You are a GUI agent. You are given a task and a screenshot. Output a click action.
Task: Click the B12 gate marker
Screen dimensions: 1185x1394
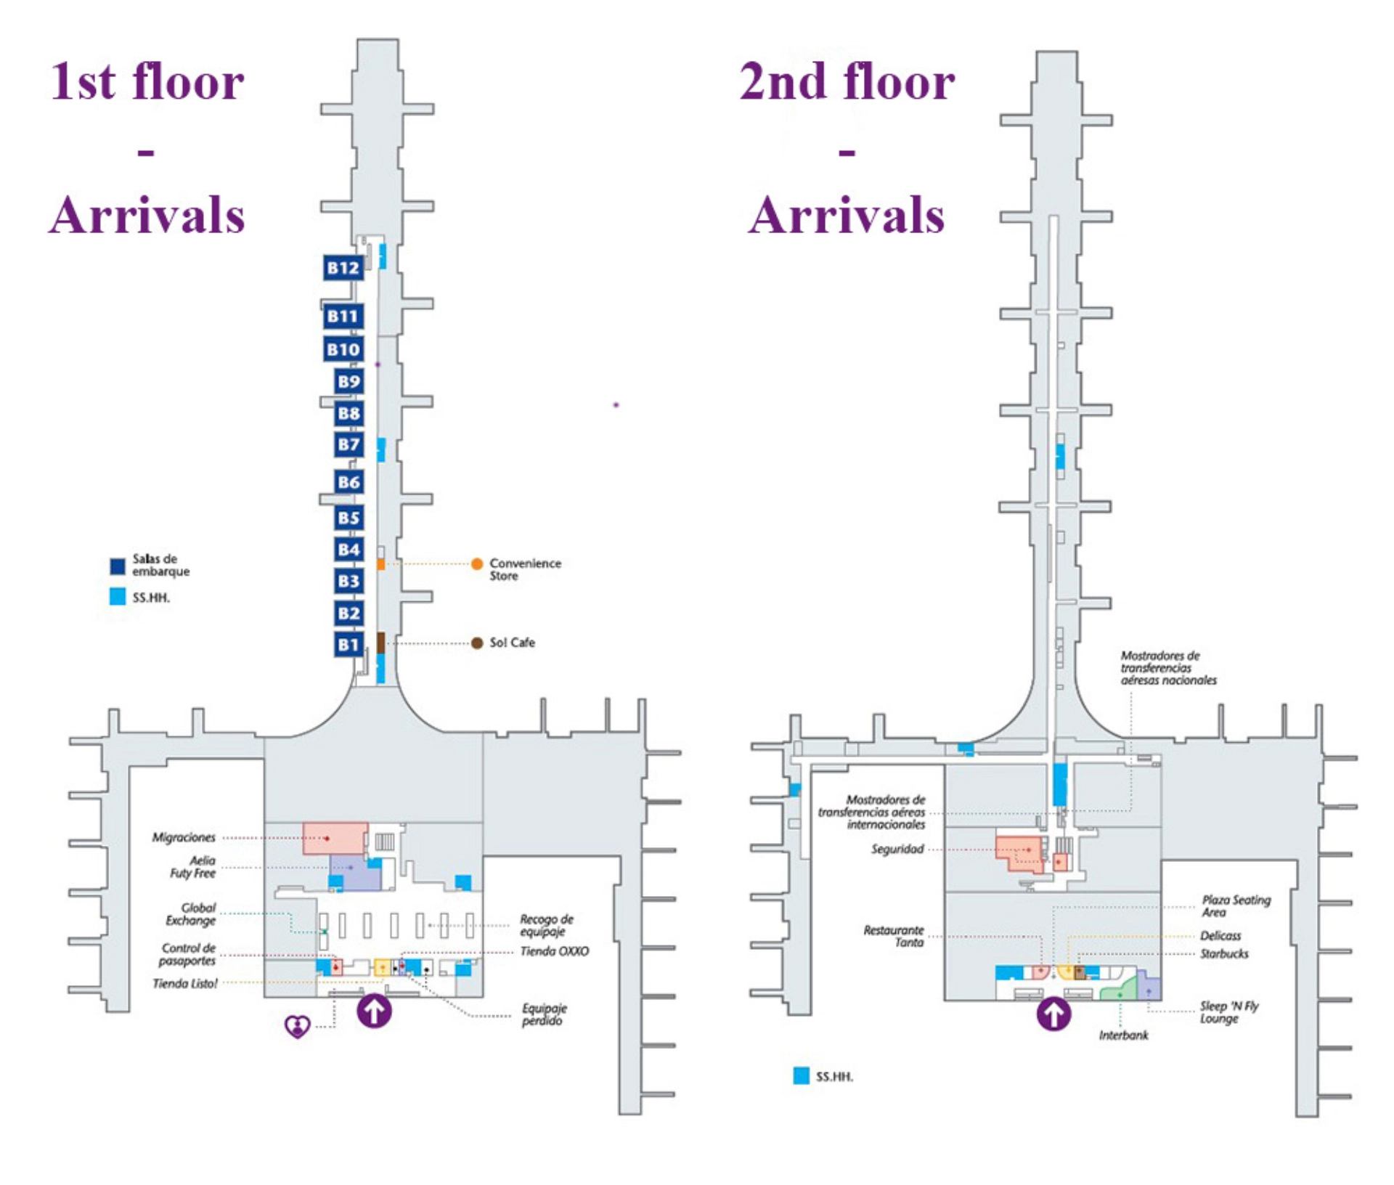[343, 268]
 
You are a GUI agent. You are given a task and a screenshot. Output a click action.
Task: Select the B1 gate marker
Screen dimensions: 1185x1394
[348, 644]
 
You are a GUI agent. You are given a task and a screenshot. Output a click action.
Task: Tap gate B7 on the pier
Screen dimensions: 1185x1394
[348, 444]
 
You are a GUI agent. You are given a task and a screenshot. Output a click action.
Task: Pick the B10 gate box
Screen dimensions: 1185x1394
[343, 349]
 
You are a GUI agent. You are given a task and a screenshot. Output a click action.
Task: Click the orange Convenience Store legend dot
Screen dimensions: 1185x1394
[477, 564]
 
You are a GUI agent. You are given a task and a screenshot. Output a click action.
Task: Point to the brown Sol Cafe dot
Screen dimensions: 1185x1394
[477, 643]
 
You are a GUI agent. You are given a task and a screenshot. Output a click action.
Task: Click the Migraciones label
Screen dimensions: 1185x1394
[184, 837]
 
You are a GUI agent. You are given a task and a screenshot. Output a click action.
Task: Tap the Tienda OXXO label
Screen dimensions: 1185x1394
[554, 951]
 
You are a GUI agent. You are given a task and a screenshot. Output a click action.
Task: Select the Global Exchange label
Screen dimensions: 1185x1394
[191, 914]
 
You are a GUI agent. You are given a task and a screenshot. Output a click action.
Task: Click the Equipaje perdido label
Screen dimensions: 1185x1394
[544, 1014]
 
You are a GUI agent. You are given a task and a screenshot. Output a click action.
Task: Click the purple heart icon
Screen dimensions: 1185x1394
[297, 1026]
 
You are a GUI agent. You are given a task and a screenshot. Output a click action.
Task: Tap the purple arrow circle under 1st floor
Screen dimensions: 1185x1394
[374, 1010]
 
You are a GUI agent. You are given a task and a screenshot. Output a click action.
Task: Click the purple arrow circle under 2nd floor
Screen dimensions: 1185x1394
[1053, 1013]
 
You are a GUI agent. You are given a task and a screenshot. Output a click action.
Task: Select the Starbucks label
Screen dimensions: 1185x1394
[1224, 953]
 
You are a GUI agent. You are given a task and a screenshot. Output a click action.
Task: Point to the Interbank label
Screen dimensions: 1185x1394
[1123, 1035]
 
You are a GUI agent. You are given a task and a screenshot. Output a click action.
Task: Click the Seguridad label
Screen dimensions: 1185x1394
[897, 849]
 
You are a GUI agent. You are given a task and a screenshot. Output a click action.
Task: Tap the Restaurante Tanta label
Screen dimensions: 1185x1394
[894, 936]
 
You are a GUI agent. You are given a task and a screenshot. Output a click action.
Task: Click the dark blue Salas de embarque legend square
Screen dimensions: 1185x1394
[118, 566]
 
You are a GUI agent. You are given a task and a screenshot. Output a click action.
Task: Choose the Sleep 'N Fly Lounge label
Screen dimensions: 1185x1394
[1228, 1012]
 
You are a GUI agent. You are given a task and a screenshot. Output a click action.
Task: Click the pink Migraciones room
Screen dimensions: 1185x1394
[334, 838]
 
